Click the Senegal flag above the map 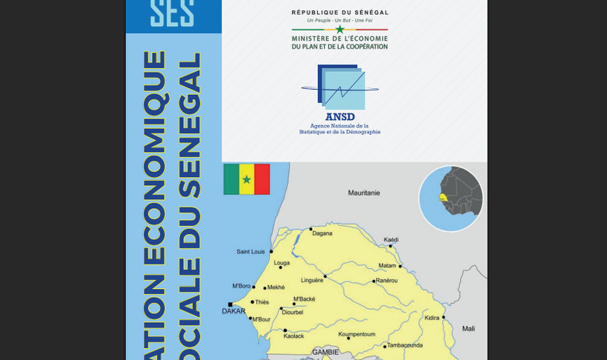pyautogui.click(x=247, y=179)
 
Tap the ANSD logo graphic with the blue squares pyautogui.click(x=341, y=87)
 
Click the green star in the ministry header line pyautogui.click(x=339, y=30)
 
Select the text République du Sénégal pyautogui.click(x=339, y=13)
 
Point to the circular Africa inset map pyautogui.click(x=451, y=199)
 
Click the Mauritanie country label pyautogui.click(x=364, y=193)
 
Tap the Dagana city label pyautogui.click(x=322, y=233)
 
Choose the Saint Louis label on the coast pyautogui.click(x=251, y=252)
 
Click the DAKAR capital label pyautogui.click(x=233, y=311)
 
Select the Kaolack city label pyautogui.click(x=293, y=336)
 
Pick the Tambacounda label pyautogui.click(x=405, y=345)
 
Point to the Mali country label pyautogui.click(x=468, y=328)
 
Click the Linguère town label pyautogui.click(x=312, y=281)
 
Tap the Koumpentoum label pyautogui.click(x=356, y=334)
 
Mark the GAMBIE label pyautogui.click(x=325, y=352)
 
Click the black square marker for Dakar pyautogui.click(x=230, y=304)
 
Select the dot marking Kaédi pyautogui.click(x=391, y=246)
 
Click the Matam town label pyautogui.click(x=387, y=265)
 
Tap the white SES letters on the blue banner pyautogui.click(x=172, y=13)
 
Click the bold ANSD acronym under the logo pyautogui.click(x=339, y=116)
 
